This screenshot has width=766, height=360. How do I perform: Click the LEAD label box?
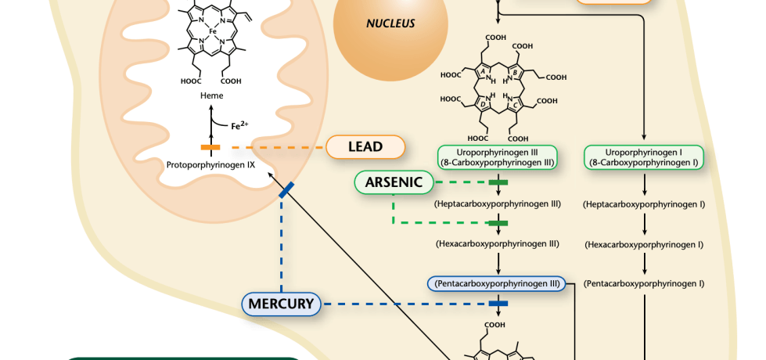[365, 146]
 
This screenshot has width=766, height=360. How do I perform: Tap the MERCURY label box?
[282, 304]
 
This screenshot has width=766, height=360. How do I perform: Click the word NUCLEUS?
[390, 23]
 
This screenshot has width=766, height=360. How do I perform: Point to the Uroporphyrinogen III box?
[498, 157]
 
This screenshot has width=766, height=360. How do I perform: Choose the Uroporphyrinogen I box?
[644, 157]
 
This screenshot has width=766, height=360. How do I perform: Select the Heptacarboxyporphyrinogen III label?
[498, 203]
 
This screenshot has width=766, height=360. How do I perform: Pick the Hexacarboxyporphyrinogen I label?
[644, 244]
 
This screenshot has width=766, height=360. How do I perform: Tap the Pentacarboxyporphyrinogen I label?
[644, 283]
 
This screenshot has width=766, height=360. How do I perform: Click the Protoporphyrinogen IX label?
[211, 164]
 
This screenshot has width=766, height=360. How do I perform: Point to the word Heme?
[211, 95]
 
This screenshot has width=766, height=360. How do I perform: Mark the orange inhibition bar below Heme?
[210, 147]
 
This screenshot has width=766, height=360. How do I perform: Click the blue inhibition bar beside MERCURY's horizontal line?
[498, 304]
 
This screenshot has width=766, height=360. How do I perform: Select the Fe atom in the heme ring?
[212, 32]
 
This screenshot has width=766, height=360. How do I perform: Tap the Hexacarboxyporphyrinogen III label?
[498, 243]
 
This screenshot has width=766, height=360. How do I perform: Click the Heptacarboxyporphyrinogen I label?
[644, 204]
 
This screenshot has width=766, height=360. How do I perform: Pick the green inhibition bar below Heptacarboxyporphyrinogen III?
[498, 223]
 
